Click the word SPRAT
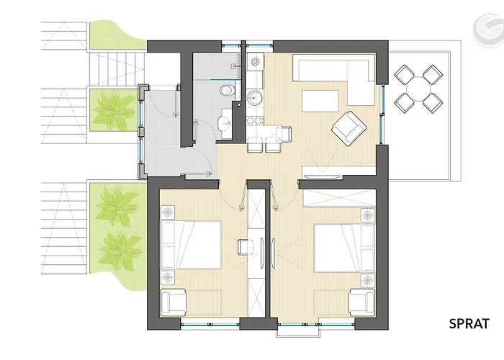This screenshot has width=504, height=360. tap(469, 323)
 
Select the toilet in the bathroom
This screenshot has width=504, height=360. tap(228, 90)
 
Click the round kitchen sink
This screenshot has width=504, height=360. tap(256, 96)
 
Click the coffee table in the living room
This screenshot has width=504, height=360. tap(320, 102)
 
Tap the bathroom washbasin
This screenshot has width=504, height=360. tap(224, 122)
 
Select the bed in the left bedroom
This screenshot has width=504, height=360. tap(191, 245)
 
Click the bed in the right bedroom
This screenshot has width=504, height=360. tap(345, 248)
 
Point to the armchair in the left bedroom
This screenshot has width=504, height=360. tap(174, 302)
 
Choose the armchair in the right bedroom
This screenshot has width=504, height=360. tap(362, 302)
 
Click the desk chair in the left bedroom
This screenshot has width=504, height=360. tap(245, 247)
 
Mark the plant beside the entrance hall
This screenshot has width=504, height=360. tap(113, 109)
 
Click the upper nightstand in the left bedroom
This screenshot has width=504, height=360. tap(168, 212)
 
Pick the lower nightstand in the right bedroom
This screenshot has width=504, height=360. tap(368, 281)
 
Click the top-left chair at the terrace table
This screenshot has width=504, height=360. tap(405, 74)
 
